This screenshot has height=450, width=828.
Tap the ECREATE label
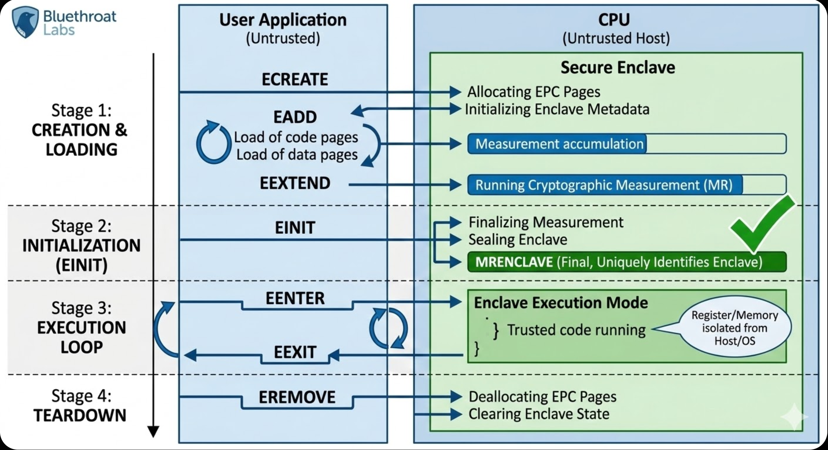click(x=295, y=79)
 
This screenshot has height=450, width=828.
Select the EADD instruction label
click(x=295, y=117)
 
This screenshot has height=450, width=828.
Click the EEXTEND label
click(x=295, y=183)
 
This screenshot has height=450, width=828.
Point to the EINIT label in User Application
click(x=295, y=228)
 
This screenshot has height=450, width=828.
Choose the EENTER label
click(x=295, y=298)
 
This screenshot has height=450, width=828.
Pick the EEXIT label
click(x=295, y=352)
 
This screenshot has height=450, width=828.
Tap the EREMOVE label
click(x=297, y=397)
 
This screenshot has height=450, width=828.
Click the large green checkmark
click(x=762, y=225)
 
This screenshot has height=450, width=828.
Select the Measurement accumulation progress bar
click(x=627, y=144)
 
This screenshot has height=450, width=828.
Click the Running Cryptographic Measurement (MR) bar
click(x=627, y=185)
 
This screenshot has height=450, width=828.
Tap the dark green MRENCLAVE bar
click(x=627, y=262)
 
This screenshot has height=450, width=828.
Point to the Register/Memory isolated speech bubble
click(x=735, y=328)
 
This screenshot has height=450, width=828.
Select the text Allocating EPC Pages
click(x=534, y=92)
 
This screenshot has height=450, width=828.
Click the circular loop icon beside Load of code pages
click(x=214, y=142)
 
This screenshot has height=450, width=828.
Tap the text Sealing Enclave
click(x=517, y=240)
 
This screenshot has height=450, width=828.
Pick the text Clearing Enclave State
click(x=539, y=414)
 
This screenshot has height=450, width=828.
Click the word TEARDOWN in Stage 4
click(x=80, y=415)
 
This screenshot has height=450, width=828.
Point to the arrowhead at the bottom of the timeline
click(x=153, y=432)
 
